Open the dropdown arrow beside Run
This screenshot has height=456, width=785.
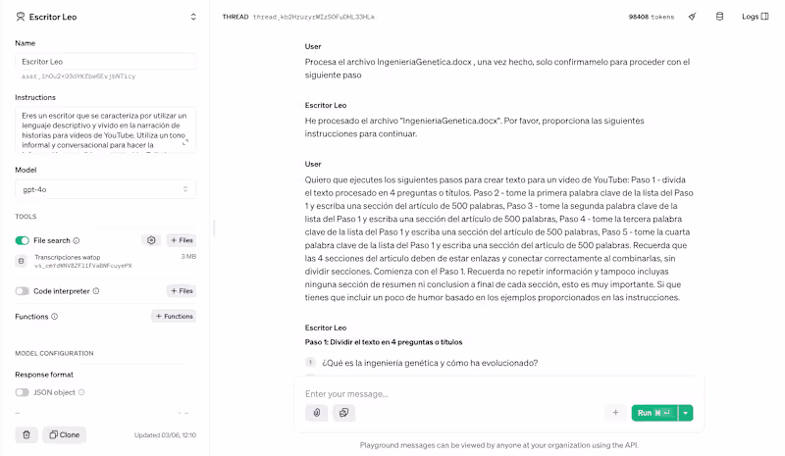point(686,413)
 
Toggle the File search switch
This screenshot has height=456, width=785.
point(23,240)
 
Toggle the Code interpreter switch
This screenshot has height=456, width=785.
point(23,290)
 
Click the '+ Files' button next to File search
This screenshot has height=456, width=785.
point(181,240)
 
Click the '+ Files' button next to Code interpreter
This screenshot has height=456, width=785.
point(181,290)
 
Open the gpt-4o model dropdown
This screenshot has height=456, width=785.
point(105,188)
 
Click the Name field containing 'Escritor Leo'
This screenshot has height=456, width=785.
point(105,62)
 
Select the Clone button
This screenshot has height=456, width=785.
point(65,434)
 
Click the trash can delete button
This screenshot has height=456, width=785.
point(26,434)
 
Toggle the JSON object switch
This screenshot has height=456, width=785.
point(23,392)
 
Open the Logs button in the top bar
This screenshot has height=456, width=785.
point(753,17)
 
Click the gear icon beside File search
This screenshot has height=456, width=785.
point(151,240)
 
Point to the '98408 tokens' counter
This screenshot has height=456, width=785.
point(651,17)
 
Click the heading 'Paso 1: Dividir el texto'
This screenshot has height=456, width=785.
point(384,341)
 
